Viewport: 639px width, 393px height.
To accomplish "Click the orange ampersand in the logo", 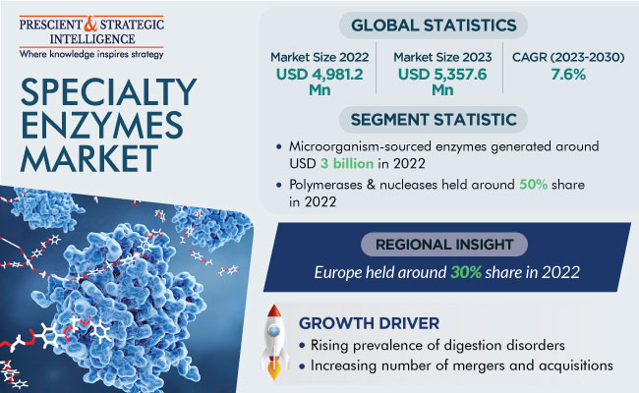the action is (90, 25).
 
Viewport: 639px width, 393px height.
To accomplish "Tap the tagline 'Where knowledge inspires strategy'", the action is (91, 54).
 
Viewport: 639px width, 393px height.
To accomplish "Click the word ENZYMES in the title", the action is (102, 125).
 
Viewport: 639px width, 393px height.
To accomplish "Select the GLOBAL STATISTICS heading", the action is (434, 26).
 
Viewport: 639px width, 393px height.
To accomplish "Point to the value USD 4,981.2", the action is (319, 74).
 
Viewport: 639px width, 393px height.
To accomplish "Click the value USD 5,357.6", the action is (442, 74).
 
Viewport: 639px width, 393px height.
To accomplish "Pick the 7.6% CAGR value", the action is (568, 75).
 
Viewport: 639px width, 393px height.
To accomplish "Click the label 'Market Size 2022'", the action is (319, 57).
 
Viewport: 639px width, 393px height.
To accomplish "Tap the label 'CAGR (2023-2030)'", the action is (568, 57).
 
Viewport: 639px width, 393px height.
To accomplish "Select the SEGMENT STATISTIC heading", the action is (434, 120).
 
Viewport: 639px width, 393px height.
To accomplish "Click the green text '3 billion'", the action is (347, 163).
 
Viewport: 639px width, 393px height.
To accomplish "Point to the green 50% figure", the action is (533, 185).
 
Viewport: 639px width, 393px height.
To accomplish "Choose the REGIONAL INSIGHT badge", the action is (444, 245).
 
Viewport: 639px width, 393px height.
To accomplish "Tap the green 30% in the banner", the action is (466, 272).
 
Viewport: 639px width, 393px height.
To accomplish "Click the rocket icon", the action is (274, 342).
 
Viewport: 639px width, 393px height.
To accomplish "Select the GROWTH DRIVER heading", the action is (369, 323).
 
